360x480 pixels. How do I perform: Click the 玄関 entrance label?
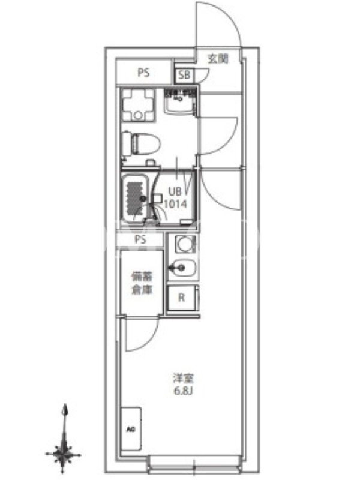218,58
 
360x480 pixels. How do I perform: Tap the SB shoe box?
184,74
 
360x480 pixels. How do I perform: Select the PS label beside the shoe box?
143,73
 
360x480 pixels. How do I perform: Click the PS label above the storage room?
140,239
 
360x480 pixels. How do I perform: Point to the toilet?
142,143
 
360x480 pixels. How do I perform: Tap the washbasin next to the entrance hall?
179,100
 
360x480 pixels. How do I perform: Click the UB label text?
175,191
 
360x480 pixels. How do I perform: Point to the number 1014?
175,204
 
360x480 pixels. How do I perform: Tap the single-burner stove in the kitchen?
185,244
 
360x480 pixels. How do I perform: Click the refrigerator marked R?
182,297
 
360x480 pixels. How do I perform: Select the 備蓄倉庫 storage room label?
142,283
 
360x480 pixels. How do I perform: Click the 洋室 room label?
184,379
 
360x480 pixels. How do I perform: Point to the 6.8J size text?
183,391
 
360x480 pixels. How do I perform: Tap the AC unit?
131,428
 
